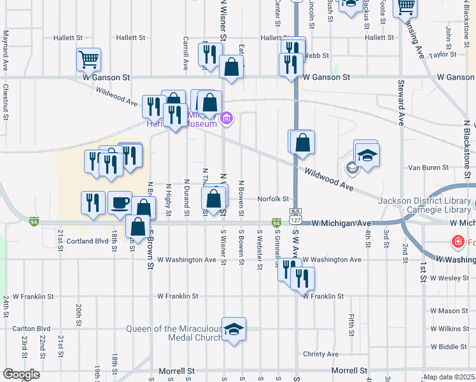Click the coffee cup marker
120,203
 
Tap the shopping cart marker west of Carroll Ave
89,60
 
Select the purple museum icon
226,118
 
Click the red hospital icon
457,242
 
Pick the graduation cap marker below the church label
234,329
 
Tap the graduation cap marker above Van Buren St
367,155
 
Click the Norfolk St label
274,199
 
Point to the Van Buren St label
428,167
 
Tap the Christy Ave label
321,354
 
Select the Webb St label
314,55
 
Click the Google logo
21,374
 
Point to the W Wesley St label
449,278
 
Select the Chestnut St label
5,102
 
